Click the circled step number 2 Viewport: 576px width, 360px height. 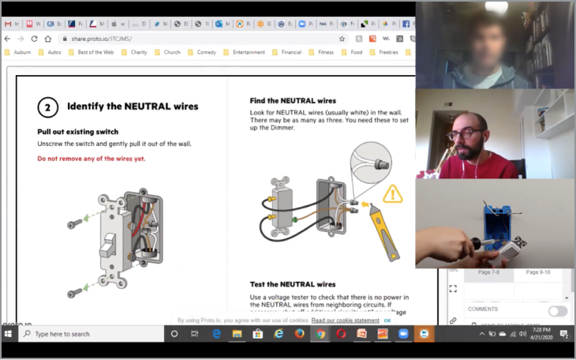point(48,107)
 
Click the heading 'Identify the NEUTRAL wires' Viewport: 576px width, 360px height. point(132,106)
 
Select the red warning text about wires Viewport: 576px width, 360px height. point(91,159)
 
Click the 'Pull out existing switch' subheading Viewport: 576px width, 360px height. point(77,131)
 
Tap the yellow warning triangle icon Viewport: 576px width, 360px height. point(392,193)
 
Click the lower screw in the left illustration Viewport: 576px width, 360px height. point(75,294)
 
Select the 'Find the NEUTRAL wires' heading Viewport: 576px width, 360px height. point(293,101)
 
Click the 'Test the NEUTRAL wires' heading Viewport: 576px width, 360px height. point(293,284)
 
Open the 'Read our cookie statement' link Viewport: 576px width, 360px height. point(345,321)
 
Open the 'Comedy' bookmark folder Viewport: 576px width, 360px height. point(206,52)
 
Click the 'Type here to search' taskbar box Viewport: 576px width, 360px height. point(87,334)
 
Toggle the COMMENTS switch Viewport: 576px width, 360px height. point(557,310)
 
